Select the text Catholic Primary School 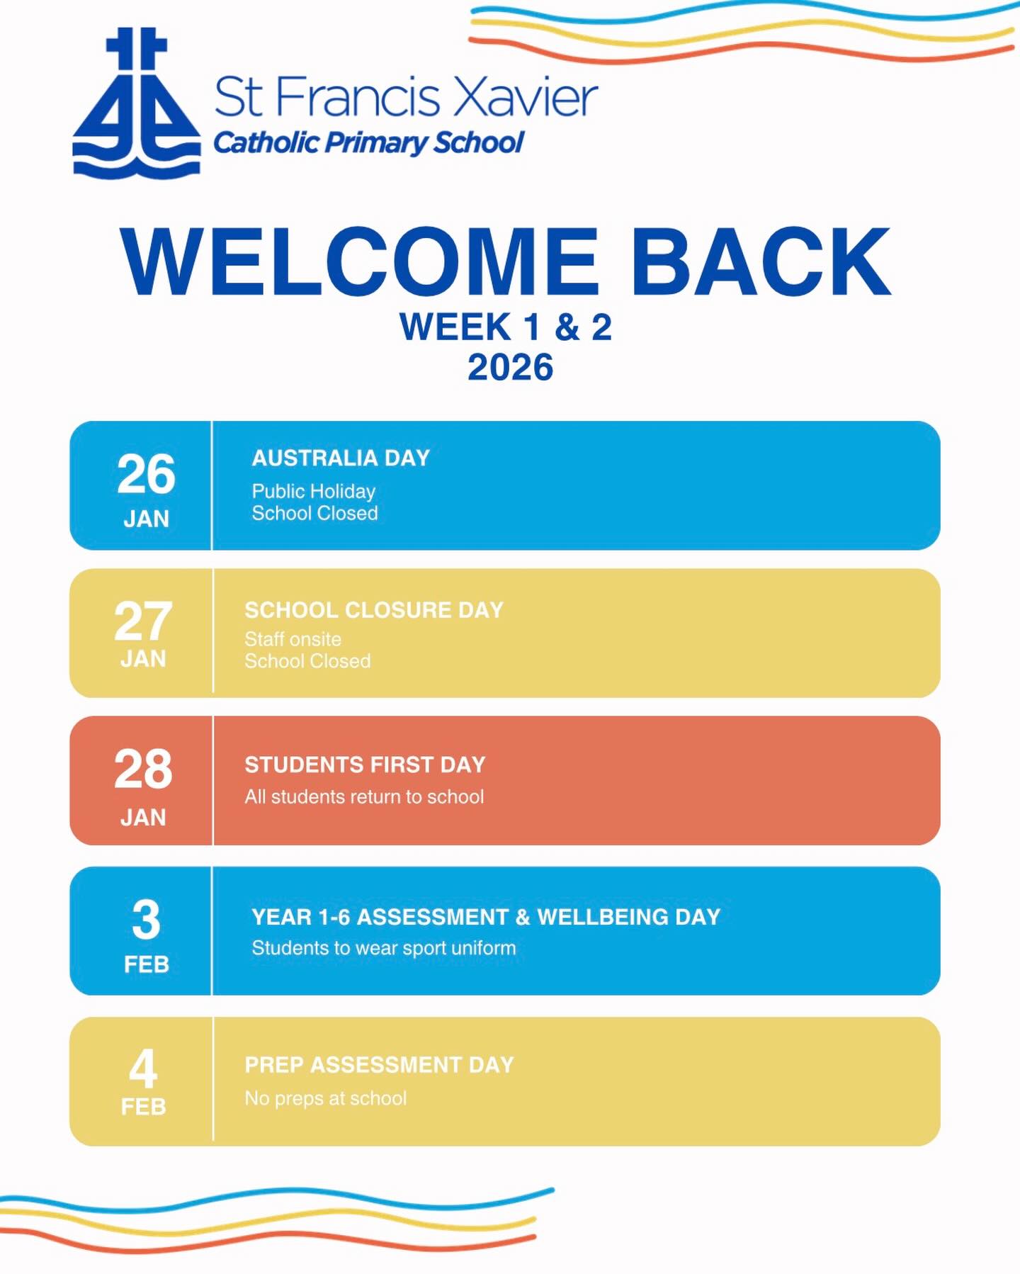(x=368, y=142)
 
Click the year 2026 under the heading (x=510, y=367)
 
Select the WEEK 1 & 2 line (x=506, y=327)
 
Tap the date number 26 (x=146, y=473)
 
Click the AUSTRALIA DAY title (x=341, y=458)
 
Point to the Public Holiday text (x=314, y=491)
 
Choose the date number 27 (x=143, y=621)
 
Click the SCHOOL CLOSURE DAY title (x=374, y=610)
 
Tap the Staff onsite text (x=293, y=639)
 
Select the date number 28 (x=143, y=769)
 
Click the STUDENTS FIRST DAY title (x=365, y=765)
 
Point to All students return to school (x=364, y=796)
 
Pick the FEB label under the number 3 (x=147, y=964)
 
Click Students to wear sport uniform (x=384, y=948)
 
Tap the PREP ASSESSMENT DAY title (x=379, y=1065)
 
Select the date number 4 (x=143, y=1069)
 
